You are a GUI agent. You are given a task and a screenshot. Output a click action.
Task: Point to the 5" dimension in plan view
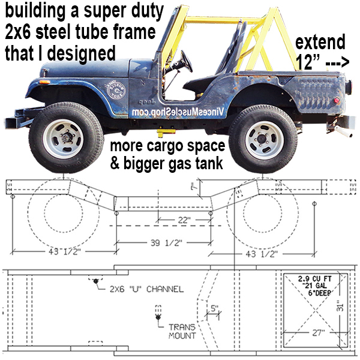(x=214, y=309)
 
